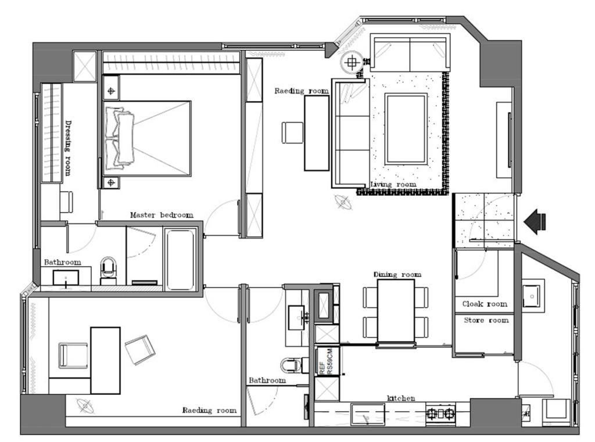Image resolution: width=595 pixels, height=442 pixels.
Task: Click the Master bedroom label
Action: [x=162, y=215]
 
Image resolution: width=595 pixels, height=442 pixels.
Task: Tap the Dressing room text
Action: [x=68, y=148]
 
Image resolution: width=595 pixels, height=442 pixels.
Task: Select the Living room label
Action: [x=393, y=184]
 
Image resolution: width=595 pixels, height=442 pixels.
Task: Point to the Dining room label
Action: [x=397, y=274]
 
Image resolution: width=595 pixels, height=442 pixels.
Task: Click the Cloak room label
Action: [x=485, y=304]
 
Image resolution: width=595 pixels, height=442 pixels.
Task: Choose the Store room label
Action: [x=486, y=320]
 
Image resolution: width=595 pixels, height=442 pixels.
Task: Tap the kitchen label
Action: [x=401, y=398]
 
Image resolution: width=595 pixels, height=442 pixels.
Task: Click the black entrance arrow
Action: [x=535, y=221]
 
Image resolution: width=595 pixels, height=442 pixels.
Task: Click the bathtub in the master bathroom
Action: [x=180, y=258]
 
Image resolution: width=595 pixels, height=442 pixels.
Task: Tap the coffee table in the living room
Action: [x=406, y=128]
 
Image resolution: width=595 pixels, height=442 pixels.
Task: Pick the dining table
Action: [x=396, y=311]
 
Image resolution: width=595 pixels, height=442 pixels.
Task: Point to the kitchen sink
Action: [x=367, y=415]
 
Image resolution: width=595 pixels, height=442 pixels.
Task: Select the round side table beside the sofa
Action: [x=352, y=62]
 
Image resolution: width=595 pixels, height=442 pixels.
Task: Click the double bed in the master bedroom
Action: [x=147, y=138]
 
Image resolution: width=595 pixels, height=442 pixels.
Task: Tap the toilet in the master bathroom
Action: [x=109, y=269]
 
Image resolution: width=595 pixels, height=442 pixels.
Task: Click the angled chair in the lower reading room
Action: [x=139, y=349]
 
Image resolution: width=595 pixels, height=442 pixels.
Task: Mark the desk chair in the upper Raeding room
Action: [x=292, y=132]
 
